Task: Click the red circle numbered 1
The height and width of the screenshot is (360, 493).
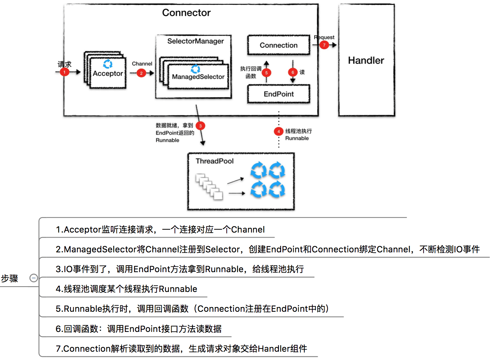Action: [64, 72]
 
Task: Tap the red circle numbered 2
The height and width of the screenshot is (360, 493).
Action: [141, 73]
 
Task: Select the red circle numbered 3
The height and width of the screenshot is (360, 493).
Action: [200, 126]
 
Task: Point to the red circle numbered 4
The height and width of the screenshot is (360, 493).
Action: [279, 131]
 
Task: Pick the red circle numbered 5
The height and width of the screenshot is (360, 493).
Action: [266, 73]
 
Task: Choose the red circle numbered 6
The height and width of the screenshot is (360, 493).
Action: [293, 72]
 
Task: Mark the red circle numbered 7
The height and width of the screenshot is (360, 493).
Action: [324, 45]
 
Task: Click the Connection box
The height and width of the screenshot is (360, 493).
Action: [279, 45]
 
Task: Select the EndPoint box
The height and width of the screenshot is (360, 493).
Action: [279, 94]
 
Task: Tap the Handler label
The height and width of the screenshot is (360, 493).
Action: [366, 60]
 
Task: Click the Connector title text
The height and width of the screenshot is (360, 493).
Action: [186, 13]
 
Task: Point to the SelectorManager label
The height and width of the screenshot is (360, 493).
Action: [195, 41]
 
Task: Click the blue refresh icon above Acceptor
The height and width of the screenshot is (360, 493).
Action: [108, 64]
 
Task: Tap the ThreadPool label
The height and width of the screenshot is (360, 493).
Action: [214, 161]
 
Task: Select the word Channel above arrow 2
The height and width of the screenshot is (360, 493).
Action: [142, 64]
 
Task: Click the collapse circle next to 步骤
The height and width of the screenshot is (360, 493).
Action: [33, 278]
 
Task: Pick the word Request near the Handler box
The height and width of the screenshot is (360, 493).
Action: [324, 37]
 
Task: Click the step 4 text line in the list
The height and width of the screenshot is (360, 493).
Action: [126, 289]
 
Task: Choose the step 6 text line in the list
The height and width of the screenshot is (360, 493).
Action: [139, 329]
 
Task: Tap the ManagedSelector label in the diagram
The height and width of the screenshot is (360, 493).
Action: [198, 77]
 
